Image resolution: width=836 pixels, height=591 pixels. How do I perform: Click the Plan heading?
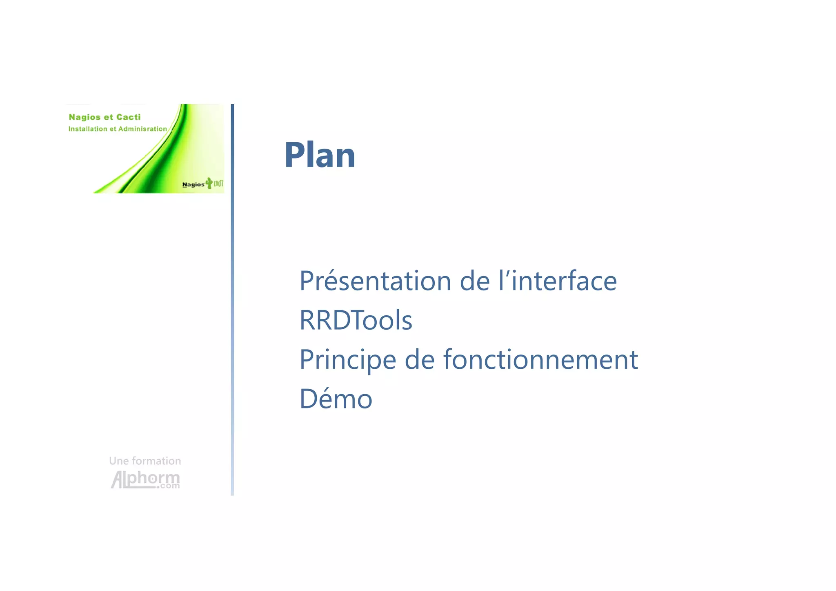point(320,155)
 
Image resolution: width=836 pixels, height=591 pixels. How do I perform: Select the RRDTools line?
point(356,320)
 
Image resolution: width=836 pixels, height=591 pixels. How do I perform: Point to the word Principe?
point(347,360)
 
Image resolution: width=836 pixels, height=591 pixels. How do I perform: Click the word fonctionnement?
point(540,360)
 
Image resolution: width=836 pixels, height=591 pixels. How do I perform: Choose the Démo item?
point(336,399)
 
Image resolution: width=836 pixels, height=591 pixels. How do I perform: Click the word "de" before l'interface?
point(474,281)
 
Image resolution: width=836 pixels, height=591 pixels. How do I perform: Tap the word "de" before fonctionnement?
point(419,360)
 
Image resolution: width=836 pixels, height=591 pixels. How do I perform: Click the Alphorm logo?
point(145,479)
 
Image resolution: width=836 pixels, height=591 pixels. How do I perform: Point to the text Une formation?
point(145,461)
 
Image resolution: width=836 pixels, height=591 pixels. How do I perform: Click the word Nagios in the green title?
point(84,118)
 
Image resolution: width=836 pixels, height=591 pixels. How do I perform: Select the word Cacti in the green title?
point(128,117)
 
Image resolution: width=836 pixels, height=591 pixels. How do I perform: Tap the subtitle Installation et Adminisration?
point(118,129)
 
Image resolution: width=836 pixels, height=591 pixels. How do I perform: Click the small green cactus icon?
point(209,183)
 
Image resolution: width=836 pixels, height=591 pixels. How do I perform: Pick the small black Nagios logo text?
point(193,185)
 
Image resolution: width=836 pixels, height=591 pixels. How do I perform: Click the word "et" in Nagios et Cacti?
point(108,117)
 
